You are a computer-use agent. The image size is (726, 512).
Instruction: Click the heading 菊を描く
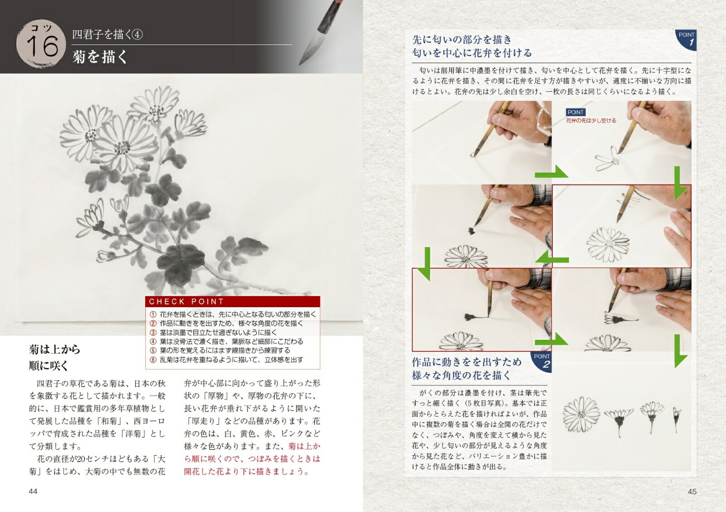point(100,57)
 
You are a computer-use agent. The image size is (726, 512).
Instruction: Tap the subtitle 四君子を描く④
point(108,34)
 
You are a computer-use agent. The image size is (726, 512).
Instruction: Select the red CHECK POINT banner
point(232,302)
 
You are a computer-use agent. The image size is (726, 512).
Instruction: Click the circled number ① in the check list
point(153,314)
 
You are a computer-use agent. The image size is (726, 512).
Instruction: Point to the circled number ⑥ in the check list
point(153,360)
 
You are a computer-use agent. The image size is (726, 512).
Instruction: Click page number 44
point(33,491)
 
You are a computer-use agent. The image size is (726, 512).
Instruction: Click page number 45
point(692,491)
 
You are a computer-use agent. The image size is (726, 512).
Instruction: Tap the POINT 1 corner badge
point(687,38)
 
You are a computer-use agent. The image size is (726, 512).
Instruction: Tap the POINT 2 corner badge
point(542,361)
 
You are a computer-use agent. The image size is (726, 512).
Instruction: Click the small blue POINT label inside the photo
point(575,112)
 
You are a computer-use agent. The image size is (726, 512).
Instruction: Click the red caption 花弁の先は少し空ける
point(591,121)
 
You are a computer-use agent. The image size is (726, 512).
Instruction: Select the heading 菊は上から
point(54,349)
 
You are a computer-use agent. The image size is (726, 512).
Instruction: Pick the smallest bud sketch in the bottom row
point(677,416)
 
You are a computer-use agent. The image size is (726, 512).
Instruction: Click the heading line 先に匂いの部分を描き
point(461,40)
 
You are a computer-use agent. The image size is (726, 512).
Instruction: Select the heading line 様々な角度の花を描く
point(461,376)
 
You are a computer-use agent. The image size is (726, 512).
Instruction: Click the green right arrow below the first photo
point(551,173)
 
